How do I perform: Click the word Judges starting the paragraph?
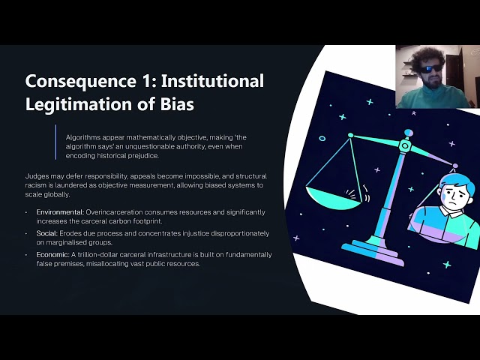point(37,176)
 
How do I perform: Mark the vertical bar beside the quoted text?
point(56,142)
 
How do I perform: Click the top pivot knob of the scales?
point(408,133)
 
